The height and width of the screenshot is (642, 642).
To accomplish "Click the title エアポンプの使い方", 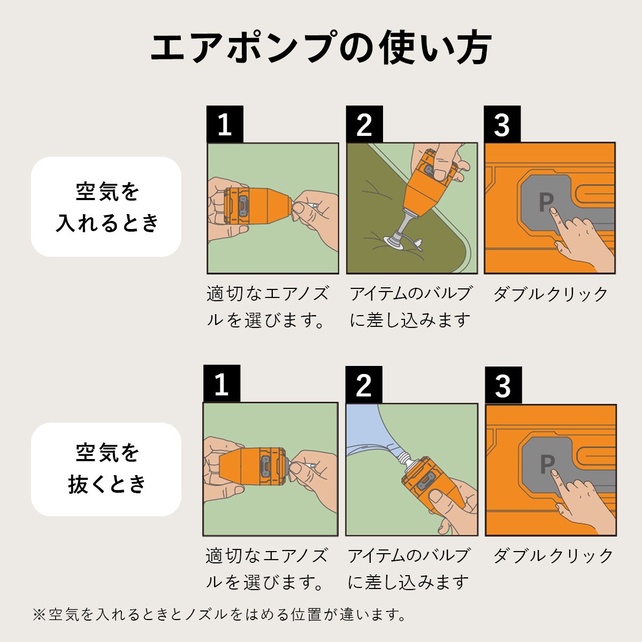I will pyautogui.click(x=321, y=48).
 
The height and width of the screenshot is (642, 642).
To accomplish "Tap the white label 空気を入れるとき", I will pyautogui.click(x=106, y=207).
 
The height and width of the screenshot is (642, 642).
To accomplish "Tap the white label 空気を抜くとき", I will pyautogui.click(x=106, y=469).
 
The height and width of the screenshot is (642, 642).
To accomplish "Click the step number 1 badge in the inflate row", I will pyautogui.click(x=225, y=124).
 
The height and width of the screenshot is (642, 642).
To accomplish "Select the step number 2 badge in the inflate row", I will pyautogui.click(x=364, y=124).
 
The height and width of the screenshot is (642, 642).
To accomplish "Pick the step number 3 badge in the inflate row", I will pyautogui.click(x=502, y=124).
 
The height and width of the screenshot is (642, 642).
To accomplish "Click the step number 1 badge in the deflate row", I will pyautogui.click(x=221, y=384).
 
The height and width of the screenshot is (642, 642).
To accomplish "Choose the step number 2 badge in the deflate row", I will pyautogui.click(x=363, y=385).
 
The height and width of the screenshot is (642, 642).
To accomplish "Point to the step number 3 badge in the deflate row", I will pyautogui.click(x=503, y=385).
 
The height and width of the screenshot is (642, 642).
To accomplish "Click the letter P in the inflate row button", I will pyautogui.click(x=546, y=202).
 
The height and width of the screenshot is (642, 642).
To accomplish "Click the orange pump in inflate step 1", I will pyautogui.click(x=259, y=206).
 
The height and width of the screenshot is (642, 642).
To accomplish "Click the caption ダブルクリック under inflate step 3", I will pyautogui.click(x=550, y=294).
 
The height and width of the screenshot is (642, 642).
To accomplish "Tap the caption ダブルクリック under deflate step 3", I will pyautogui.click(x=553, y=556).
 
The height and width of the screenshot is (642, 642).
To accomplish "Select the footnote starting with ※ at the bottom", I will pyautogui.click(x=219, y=615).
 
